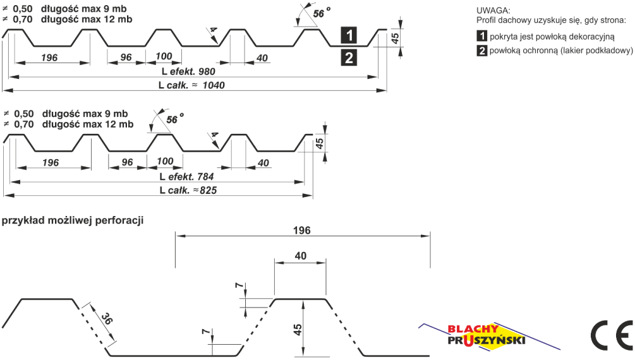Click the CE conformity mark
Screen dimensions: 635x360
coord(612,335)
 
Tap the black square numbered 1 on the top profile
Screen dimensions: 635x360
coord(349,35)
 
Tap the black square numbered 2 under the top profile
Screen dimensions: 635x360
coord(349,57)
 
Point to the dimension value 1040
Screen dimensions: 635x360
coord(214,85)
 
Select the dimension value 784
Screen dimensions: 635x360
coord(205,177)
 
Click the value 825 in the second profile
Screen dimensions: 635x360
coord(208,190)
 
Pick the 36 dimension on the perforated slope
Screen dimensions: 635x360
coord(107,319)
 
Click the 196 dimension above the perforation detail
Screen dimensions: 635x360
coord(302,231)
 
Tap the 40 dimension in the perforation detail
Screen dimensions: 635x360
coord(301,256)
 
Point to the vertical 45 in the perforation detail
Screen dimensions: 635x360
coord(298,329)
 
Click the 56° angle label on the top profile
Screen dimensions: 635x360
coord(321,13)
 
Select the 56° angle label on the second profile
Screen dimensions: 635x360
coord(174,119)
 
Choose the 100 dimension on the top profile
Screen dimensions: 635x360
coord(164,56)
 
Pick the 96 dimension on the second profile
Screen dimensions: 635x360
coord(127,162)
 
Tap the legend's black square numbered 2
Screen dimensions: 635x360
coord(481,51)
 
